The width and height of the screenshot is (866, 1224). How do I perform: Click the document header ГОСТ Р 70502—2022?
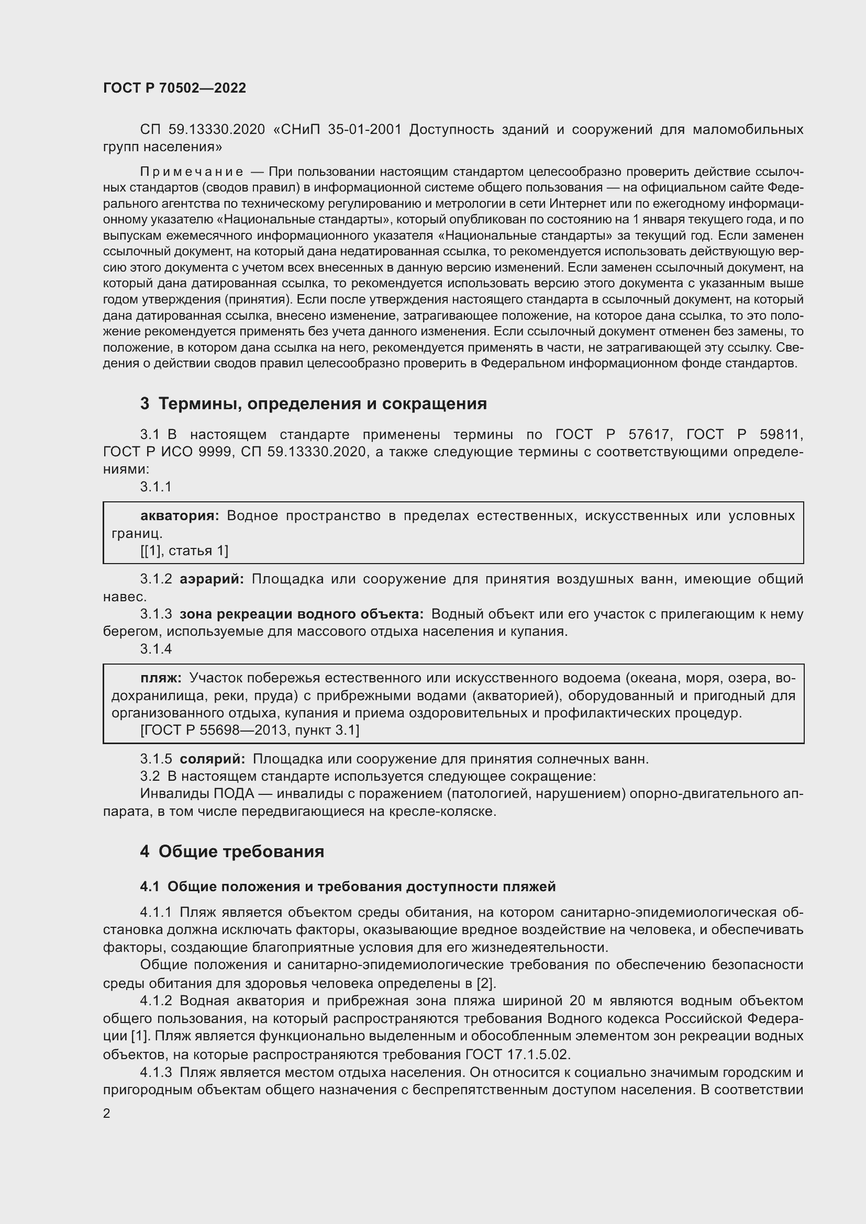pyautogui.click(x=174, y=88)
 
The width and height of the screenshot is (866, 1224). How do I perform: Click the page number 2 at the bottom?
pyautogui.click(x=107, y=1114)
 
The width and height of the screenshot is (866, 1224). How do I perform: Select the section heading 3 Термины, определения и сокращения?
pyautogui.click(x=314, y=403)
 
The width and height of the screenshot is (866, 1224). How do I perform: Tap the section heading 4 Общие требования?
pyautogui.click(x=232, y=851)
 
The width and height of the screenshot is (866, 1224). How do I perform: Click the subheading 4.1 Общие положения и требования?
pyautogui.click(x=348, y=886)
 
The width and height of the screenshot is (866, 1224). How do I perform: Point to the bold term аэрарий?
pyautogui.click(x=212, y=579)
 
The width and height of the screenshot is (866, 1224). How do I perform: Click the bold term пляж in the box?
pyautogui.click(x=161, y=678)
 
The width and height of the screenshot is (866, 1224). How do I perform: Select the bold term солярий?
pyautogui.click(x=212, y=759)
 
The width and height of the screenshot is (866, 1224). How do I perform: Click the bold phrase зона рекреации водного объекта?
pyautogui.click(x=301, y=614)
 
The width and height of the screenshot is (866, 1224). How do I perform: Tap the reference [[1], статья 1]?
pyautogui.click(x=184, y=550)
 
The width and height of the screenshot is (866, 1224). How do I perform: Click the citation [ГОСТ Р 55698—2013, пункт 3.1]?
pyautogui.click(x=250, y=730)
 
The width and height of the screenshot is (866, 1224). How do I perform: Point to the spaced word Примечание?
pyautogui.click(x=192, y=172)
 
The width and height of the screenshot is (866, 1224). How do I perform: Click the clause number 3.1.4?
pyautogui.click(x=156, y=649)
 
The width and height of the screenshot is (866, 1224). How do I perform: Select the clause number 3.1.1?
pyautogui.click(x=156, y=486)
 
